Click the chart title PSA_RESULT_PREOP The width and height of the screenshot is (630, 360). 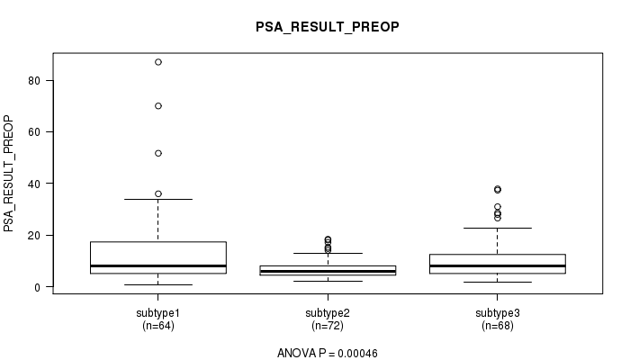(328, 27)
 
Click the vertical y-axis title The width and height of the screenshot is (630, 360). (8, 174)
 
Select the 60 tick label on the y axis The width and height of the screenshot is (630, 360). (34, 132)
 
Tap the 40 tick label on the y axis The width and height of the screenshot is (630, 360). (34, 184)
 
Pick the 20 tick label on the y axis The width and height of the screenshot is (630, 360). (34, 236)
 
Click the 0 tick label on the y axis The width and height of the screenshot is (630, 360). (38, 287)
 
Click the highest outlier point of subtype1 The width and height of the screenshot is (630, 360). (158, 62)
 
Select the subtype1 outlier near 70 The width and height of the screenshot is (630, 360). (158, 106)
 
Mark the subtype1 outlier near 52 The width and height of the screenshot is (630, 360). (158, 154)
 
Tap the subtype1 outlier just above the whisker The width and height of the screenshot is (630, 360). (158, 194)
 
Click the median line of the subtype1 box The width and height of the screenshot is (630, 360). (158, 266)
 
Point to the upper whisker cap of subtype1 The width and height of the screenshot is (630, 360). (158, 199)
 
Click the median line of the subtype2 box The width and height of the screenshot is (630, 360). (328, 272)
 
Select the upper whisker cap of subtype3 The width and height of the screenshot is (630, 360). (498, 229)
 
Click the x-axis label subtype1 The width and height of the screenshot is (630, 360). (157, 313)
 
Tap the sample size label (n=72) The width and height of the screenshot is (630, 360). (328, 325)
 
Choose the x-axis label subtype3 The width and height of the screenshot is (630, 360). (498, 313)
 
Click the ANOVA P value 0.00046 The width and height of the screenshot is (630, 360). (357, 354)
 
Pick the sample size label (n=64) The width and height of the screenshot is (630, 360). (158, 325)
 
